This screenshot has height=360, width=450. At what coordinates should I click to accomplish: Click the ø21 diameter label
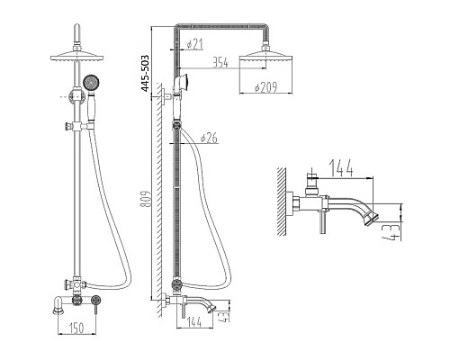click(x=194, y=44)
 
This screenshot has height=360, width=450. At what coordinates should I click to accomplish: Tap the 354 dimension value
click(x=220, y=62)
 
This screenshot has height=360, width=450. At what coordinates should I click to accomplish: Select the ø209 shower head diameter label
click(x=265, y=87)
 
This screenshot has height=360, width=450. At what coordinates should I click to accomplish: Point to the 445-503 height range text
click(x=145, y=73)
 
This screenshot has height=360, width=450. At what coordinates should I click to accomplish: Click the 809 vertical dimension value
click(x=146, y=199)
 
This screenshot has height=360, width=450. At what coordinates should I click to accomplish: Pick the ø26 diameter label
click(x=209, y=138)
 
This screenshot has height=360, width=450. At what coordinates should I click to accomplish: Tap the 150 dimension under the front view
click(x=76, y=328)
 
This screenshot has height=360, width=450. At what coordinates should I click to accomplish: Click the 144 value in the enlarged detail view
click(x=341, y=167)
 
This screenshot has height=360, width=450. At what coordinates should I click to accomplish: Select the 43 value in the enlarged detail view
click(x=391, y=232)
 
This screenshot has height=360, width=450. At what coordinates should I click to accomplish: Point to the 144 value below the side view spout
click(x=194, y=322)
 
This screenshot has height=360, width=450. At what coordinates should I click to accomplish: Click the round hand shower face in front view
click(x=91, y=83)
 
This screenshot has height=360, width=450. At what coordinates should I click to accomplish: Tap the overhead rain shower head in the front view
click(x=77, y=56)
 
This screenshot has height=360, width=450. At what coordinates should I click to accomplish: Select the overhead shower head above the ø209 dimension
click(x=266, y=56)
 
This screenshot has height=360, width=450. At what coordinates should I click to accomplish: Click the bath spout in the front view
click(x=58, y=305)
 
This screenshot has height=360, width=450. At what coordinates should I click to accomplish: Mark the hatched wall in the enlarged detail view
click(x=282, y=202)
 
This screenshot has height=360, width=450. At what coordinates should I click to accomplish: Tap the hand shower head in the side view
click(x=183, y=82)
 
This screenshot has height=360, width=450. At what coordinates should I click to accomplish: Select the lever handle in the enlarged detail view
click(x=323, y=222)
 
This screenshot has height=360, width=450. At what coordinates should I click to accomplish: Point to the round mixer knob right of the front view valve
click(x=96, y=300)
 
